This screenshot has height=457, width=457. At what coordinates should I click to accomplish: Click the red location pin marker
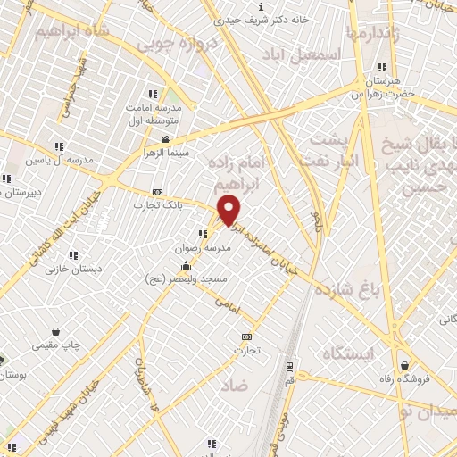tap(229, 210)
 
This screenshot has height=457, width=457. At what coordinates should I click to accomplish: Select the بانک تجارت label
tap(161, 204)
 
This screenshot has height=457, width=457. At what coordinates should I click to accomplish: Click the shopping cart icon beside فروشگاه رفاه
tap(406, 364)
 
